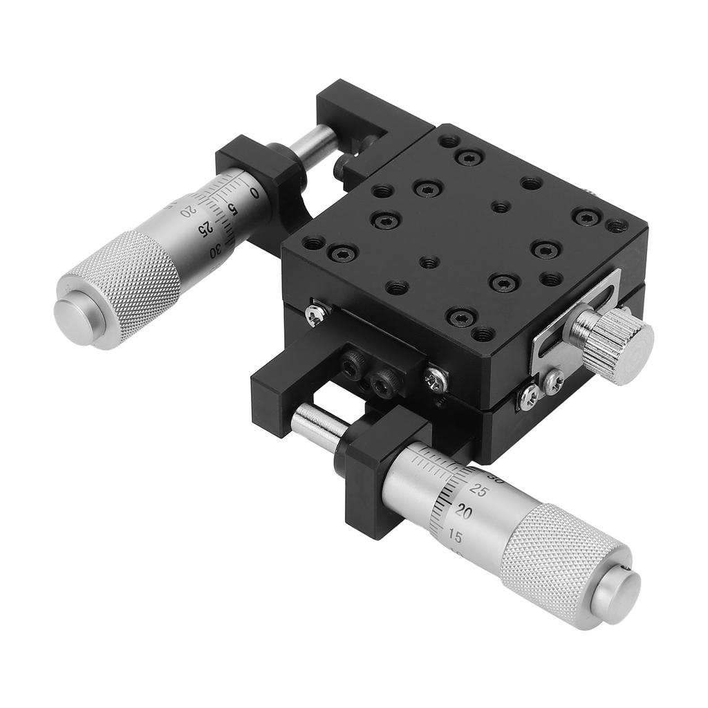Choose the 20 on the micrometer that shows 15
[x=464, y=512]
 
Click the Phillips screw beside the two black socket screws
[x=436, y=378]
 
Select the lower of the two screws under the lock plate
[x=530, y=396]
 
